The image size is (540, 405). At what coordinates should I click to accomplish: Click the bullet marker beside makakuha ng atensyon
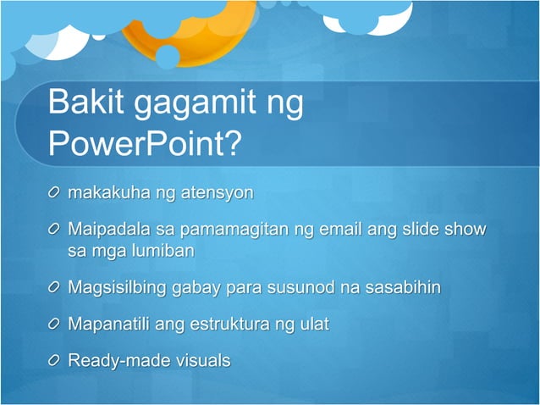point(54,193)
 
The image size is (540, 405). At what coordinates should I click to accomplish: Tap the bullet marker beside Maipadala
point(54,230)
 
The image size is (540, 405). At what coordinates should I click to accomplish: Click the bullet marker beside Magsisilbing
point(54,288)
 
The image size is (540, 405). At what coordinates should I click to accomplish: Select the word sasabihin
point(403,287)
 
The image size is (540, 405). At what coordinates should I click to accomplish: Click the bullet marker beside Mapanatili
point(54,325)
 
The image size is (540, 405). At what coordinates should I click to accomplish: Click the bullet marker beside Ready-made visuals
point(54,362)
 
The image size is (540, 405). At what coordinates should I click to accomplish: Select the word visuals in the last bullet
point(201,361)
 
